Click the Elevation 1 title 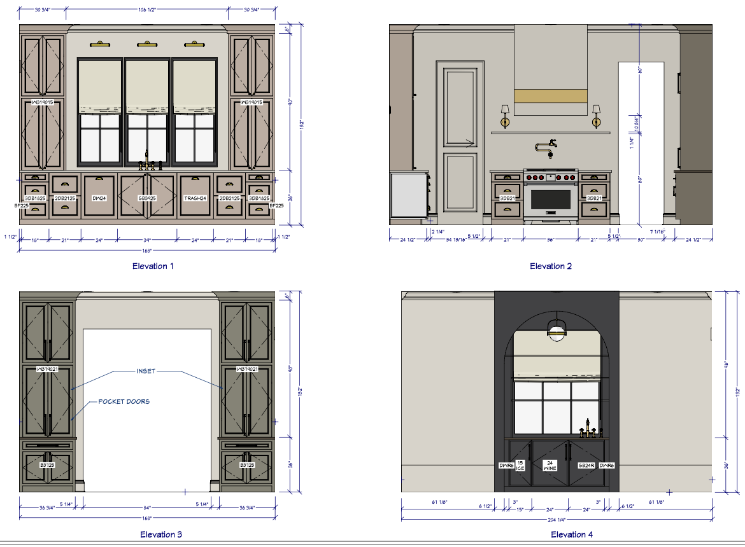(153, 266)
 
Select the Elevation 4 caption (572, 534)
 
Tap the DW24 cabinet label (99, 198)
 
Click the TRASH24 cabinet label (195, 198)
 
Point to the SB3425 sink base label (147, 198)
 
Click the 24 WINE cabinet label (549, 466)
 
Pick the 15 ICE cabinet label (520, 466)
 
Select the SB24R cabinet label (586, 466)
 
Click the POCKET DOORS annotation (124, 402)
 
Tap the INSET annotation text (146, 371)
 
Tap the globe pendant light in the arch (557, 329)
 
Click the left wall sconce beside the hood (504, 117)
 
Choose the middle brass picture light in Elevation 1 (147, 45)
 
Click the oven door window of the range (551, 199)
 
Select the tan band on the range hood (551, 95)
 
